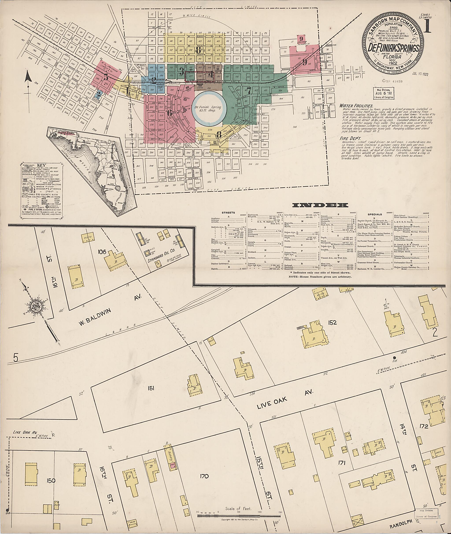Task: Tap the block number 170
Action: click(205, 476)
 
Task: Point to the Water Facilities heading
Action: click(356, 106)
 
